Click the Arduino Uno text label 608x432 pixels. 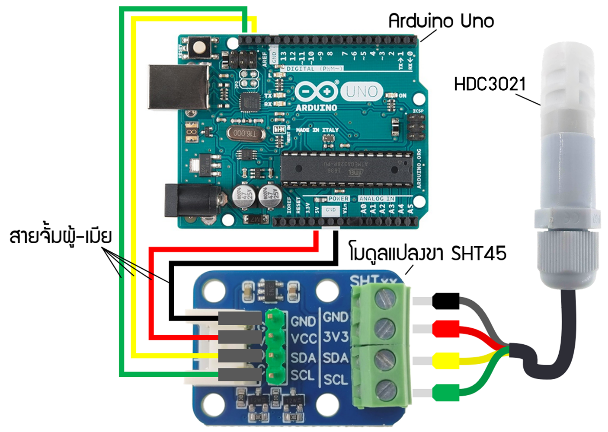click(x=441, y=21)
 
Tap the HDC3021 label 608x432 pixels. click(x=490, y=84)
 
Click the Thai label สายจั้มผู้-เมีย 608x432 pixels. click(x=61, y=237)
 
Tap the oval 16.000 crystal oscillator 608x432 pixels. click(x=245, y=133)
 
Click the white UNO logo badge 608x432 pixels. click(x=362, y=91)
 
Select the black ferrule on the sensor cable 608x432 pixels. click(x=445, y=301)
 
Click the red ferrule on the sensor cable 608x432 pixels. click(x=445, y=329)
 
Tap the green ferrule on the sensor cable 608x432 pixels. click(x=445, y=393)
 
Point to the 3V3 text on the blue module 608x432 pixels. click(x=336, y=337)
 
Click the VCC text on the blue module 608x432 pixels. click(x=304, y=339)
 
